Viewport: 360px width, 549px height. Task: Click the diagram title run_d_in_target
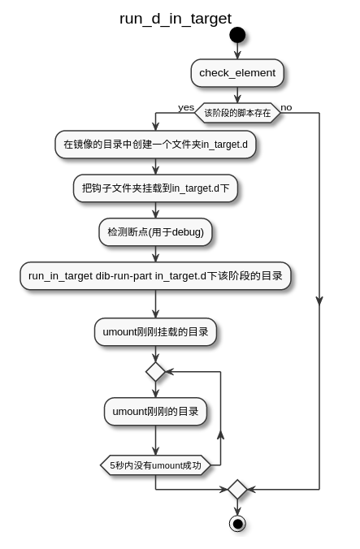tap(176, 19)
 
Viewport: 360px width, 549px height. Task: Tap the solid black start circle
tap(237, 35)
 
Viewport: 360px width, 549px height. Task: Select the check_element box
tap(237, 73)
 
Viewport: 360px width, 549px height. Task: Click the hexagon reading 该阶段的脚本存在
tap(237, 113)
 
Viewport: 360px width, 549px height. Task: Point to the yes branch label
tap(186, 107)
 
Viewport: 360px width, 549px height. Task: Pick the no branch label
tap(286, 107)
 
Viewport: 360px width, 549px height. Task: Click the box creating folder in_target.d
tap(155, 145)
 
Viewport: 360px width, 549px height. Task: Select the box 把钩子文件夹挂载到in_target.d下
tap(155, 188)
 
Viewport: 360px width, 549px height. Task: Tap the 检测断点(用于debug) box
tap(155, 232)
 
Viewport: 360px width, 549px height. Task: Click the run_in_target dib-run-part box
tap(155, 276)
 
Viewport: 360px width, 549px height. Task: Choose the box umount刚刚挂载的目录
tap(155, 332)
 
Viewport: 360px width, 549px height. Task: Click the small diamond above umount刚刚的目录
tap(155, 372)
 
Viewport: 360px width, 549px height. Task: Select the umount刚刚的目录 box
tap(155, 412)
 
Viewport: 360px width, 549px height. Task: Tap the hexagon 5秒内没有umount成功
tap(155, 465)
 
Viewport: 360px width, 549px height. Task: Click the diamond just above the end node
tap(237, 489)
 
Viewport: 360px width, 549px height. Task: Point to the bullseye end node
tap(237, 524)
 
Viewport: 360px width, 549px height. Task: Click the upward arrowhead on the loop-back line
tap(220, 435)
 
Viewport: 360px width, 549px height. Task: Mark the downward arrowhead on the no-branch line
tap(319, 300)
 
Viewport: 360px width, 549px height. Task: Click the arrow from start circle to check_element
tap(237, 51)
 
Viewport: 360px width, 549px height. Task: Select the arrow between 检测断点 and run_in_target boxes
tap(155, 254)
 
